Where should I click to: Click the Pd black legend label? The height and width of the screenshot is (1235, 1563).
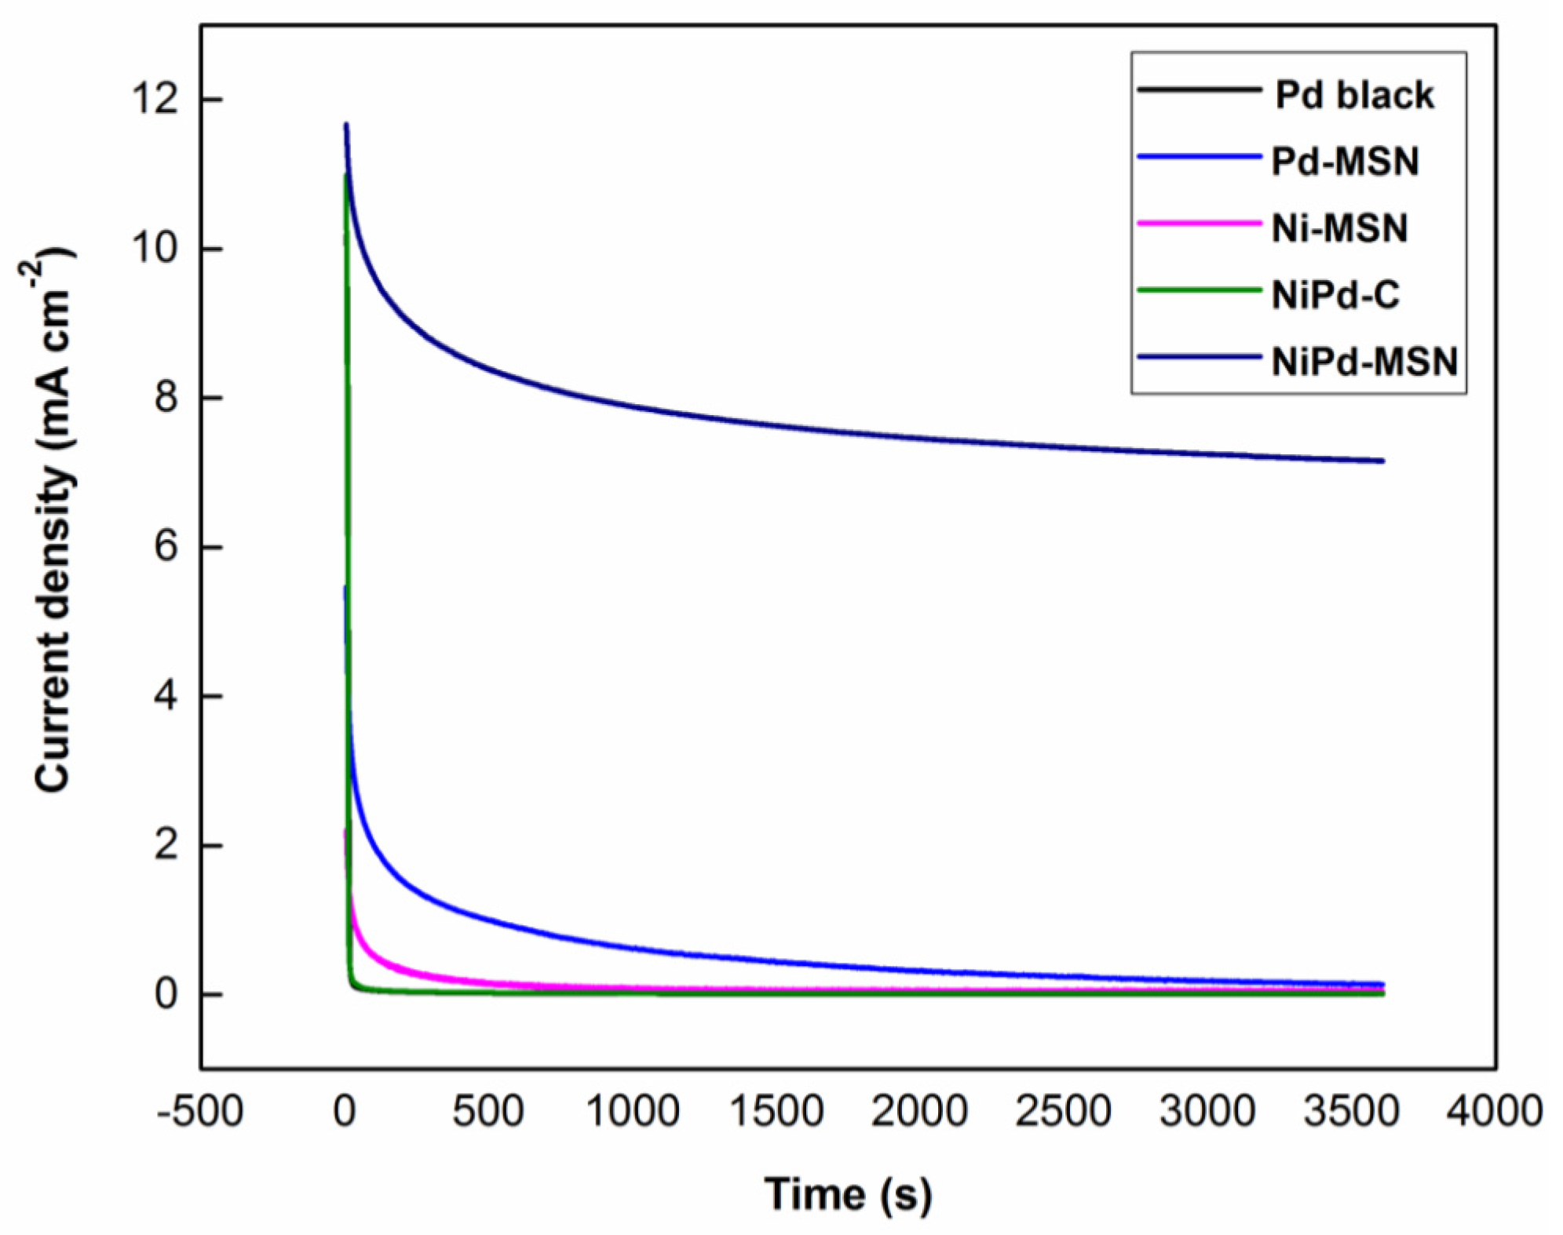pyautogui.click(x=1353, y=95)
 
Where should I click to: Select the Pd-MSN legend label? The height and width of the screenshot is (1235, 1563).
pyautogui.click(x=1345, y=162)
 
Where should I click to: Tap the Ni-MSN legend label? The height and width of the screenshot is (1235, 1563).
pyautogui.click(x=1339, y=228)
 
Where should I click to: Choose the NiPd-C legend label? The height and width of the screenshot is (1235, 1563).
pyautogui.click(x=1335, y=295)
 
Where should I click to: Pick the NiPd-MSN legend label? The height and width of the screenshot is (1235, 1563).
pyautogui.click(x=1364, y=362)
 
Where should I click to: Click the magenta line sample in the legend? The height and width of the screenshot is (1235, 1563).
pyautogui.click(x=1199, y=224)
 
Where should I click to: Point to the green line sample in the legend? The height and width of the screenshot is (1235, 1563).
pyautogui.click(x=1199, y=290)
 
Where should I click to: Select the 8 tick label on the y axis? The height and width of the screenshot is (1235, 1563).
pyautogui.click(x=166, y=397)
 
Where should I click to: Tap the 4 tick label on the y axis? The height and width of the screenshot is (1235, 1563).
pyautogui.click(x=166, y=695)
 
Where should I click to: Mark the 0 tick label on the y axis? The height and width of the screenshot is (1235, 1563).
pyautogui.click(x=166, y=994)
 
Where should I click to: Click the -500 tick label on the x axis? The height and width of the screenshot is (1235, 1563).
pyautogui.click(x=200, y=1112)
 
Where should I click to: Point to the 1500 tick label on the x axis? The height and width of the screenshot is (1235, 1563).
pyautogui.click(x=776, y=1112)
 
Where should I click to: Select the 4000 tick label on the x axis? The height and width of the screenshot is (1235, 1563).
pyautogui.click(x=1494, y=1112)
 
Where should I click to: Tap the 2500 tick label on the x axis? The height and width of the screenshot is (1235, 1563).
pyautogui.click(x=1063, y=1112)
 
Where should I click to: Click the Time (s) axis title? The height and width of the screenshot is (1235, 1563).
pyautogui.click(x=848, y=1194)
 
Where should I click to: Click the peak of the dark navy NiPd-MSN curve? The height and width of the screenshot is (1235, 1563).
pyautogui.click(x=346, y=125)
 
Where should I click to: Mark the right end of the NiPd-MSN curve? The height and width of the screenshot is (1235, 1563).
pyautogui.click(x=1382, y=461)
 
